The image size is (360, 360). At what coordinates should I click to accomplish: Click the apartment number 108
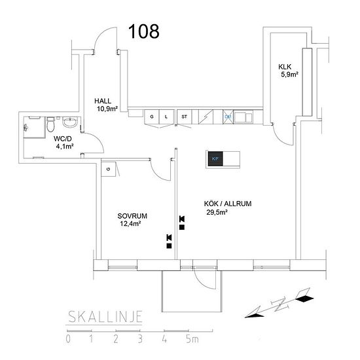144,31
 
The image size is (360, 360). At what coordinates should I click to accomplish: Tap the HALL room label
103,101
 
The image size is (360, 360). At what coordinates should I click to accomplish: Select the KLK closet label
285,67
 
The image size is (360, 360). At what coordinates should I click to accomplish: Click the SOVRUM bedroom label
132,216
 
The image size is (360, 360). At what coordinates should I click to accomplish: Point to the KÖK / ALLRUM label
228,204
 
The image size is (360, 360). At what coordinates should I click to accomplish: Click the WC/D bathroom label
63,139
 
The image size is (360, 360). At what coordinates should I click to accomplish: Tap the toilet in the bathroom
50,124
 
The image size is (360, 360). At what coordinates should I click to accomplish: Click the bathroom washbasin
70,122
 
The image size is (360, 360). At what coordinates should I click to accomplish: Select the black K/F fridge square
215,158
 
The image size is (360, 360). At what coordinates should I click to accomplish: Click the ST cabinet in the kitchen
184,117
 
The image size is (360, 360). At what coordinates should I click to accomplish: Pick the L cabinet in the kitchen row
166,117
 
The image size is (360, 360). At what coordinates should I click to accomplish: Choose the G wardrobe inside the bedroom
109,170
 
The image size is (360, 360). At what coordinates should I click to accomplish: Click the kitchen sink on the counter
243,117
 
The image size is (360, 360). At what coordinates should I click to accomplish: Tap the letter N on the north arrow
280,305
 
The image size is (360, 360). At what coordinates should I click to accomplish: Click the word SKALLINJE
105,317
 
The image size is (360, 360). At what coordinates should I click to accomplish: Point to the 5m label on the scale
192,339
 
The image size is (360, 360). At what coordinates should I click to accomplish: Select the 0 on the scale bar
68,339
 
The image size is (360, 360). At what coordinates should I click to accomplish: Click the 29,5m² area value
217,212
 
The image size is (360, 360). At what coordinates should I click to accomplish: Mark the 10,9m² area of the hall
107,109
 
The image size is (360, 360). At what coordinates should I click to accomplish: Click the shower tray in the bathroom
35,127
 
